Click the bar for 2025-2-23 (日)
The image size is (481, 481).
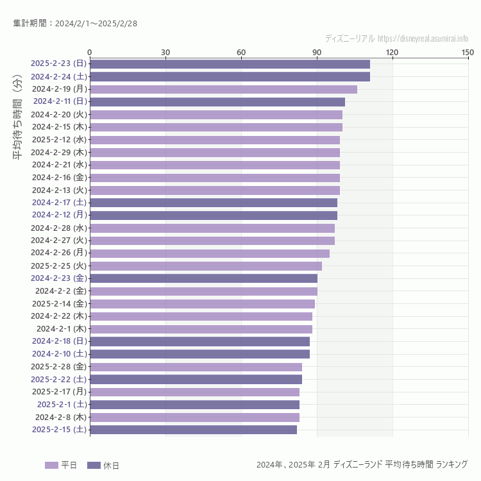230,63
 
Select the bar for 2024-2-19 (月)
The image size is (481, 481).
223,89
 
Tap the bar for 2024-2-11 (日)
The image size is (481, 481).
217,101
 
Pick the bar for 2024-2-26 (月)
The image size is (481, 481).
210,253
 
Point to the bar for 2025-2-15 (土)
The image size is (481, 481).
193,430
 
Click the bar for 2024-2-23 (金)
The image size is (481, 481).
203,278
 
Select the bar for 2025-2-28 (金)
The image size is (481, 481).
196,367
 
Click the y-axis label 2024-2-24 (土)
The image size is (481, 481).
59,76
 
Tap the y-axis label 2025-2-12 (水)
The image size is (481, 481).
59,139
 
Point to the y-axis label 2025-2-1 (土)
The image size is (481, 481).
62,404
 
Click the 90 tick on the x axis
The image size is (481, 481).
317,52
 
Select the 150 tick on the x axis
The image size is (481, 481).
468,52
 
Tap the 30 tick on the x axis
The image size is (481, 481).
165,52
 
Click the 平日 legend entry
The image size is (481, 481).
61,465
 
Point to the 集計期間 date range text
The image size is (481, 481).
75,24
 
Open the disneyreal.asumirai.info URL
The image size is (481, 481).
423,38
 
